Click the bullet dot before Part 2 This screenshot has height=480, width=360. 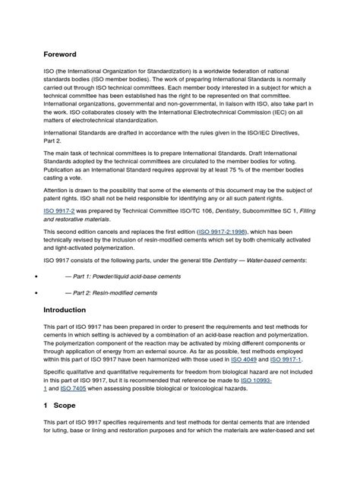(36, 292)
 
